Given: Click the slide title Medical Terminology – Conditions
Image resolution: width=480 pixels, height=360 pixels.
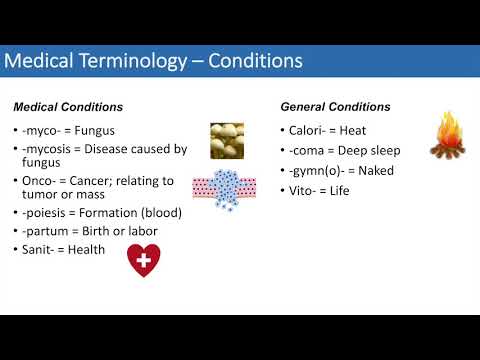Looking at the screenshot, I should tap(153, 62).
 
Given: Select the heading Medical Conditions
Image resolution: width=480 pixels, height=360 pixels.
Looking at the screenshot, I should tap(68, 107).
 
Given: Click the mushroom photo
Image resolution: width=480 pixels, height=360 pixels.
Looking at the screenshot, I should tap(226, 140).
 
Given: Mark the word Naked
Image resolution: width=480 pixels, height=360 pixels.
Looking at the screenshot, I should tap(373, 170).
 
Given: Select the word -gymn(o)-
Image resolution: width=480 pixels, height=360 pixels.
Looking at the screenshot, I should tap(315, 170).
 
